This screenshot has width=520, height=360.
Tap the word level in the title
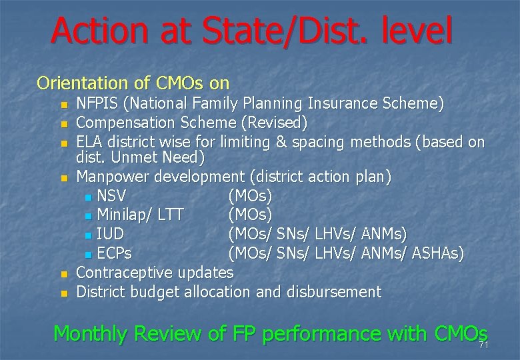pyautogui.click(x=414, y=31)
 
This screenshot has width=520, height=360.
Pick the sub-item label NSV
pyautogui.click(x=111, y=196)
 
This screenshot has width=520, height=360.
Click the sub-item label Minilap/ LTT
pyautogui.click(x=140, y=215)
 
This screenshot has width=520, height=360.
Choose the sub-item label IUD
pyautogui.click(x=110, y=235)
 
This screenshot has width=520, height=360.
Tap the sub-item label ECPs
pyautogui.click(x=114, y=254)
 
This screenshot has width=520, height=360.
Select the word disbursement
pyautogui.click(x=334, y=292)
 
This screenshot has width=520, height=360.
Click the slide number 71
pyautogui.click(x=483, y=345)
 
